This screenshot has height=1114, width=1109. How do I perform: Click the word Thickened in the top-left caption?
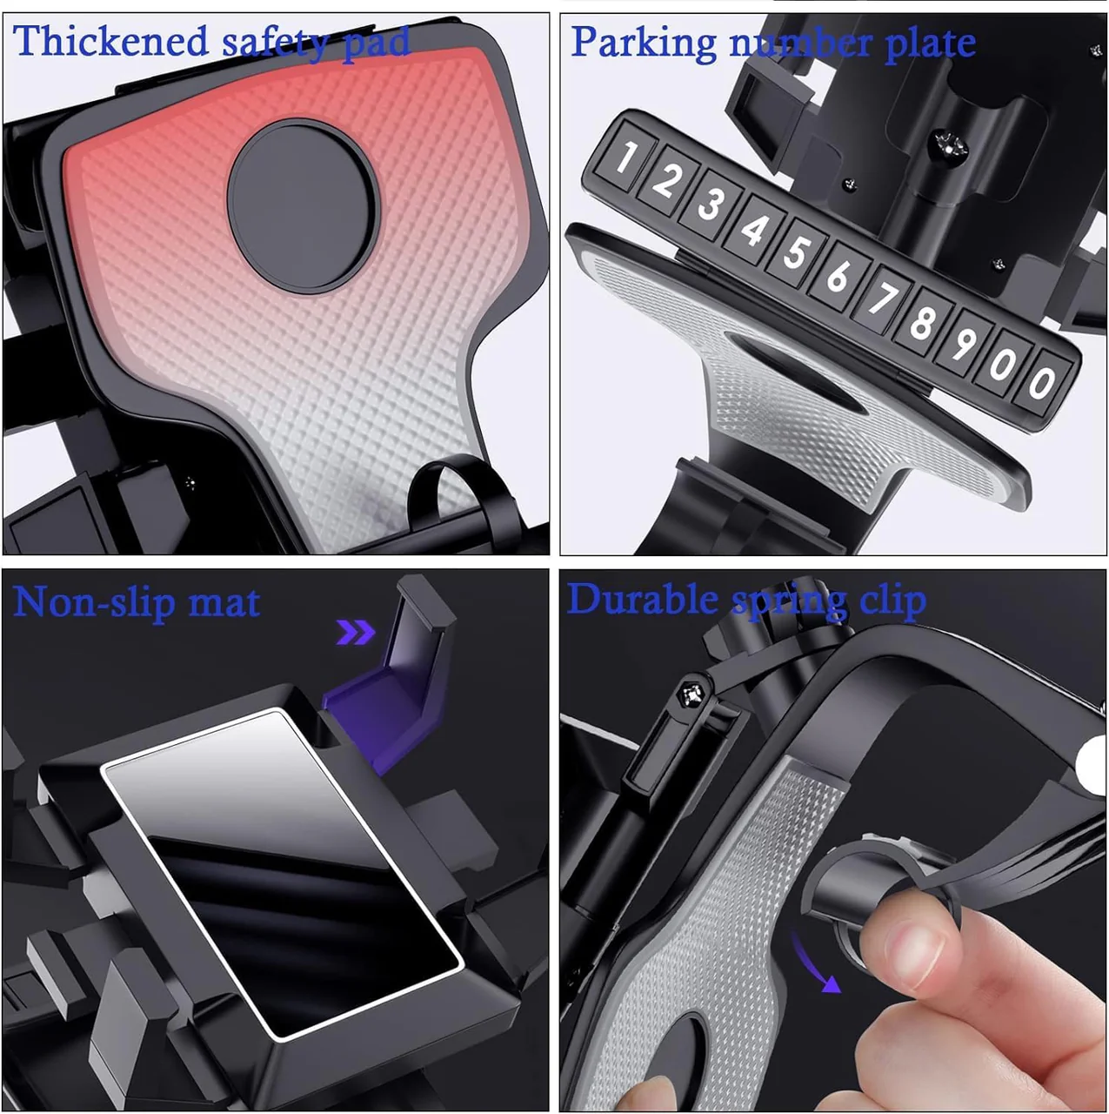(110, 41)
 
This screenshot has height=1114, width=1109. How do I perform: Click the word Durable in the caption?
(642, 599)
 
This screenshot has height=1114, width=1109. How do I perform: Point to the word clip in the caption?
(893, 601)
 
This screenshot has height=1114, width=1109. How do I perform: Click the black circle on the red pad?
(304, 206)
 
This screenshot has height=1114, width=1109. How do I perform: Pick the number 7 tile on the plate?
(881, 299)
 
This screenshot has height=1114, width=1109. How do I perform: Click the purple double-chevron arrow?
(356, 632)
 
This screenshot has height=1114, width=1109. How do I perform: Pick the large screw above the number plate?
(948, 145)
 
